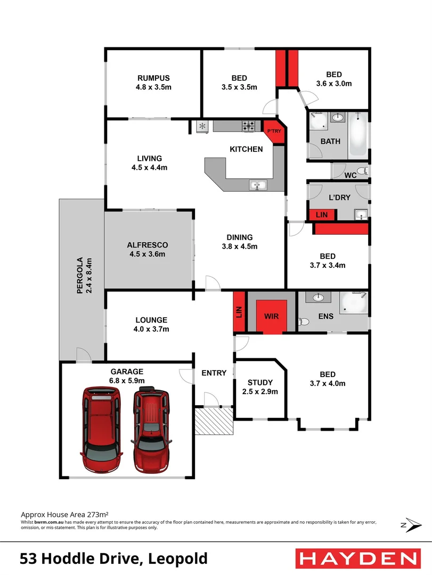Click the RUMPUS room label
point(153,78)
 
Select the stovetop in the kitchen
point(249,126)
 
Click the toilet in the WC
point(362,171)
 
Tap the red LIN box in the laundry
point(322,215)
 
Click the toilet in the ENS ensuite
point(305,322)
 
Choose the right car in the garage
point(152,427)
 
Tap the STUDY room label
point(260,382)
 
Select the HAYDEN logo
point(356,558)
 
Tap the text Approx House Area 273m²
point(64,515)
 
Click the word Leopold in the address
point(178,559)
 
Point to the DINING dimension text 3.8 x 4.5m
point(239,247)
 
